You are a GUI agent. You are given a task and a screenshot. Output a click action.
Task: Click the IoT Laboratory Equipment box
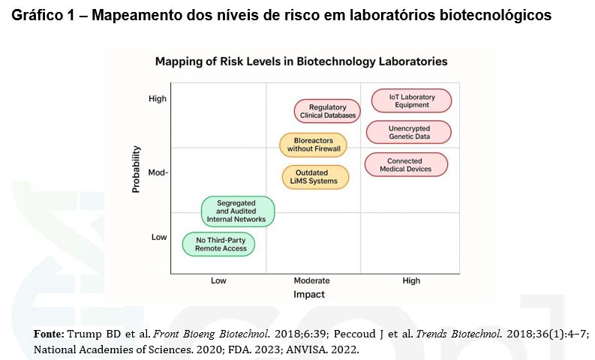[410, 100]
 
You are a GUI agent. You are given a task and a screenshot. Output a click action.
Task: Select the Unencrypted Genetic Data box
[409, 133]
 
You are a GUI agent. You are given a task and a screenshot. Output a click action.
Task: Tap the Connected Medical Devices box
[406, 165]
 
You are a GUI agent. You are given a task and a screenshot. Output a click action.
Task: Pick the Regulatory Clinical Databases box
[327, 112]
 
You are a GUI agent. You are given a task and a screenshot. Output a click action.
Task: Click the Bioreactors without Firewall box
[314, 145]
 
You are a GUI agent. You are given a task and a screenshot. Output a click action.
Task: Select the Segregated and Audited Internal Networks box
[238, 211]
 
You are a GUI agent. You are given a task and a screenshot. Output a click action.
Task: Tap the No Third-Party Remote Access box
[220, 243]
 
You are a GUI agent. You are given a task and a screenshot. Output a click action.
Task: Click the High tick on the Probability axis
[158, 98]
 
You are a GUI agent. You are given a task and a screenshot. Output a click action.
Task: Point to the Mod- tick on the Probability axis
[158, 172]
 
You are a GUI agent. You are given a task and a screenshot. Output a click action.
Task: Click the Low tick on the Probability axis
[159, 237]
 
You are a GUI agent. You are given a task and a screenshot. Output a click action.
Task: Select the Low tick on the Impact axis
[218, 280]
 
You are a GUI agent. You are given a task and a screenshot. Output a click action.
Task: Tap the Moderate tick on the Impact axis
[311, 280]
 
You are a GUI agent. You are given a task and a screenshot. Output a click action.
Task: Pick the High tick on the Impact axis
[411, 280]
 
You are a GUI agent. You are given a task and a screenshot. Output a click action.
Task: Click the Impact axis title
[308, 295]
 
